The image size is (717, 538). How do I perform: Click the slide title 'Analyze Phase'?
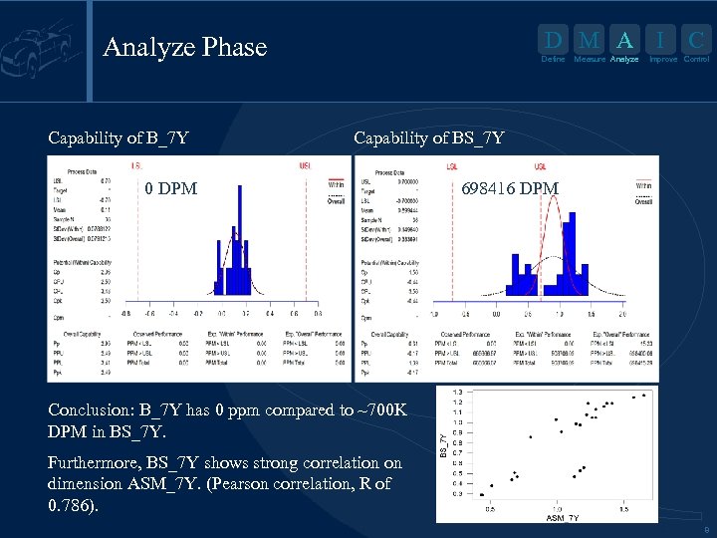tap(185, 47)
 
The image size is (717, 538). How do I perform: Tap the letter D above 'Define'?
tap(553, 41)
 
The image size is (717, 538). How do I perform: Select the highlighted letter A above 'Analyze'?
tap(624, 41)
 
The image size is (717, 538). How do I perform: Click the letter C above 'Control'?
tap(697, 41)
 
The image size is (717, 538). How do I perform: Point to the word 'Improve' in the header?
tap(663, 60)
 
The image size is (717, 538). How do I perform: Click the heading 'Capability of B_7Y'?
tap(119, 137)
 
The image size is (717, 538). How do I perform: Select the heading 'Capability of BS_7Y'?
tap(429, 137)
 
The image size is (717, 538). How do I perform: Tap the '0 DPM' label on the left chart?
tap(170, 188)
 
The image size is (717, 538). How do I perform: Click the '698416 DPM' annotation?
tap(511, 188)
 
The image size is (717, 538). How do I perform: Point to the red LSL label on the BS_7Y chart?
tap(452, 165)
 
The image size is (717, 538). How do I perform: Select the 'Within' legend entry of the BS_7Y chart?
tap(644, 186)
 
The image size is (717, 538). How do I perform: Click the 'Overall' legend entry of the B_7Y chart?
tap(336, 200)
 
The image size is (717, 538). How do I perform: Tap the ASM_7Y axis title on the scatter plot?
tap(562, 518)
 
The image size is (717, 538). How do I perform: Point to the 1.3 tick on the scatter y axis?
tap(456, 392)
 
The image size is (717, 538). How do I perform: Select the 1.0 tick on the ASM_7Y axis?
tap(557, 508)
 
